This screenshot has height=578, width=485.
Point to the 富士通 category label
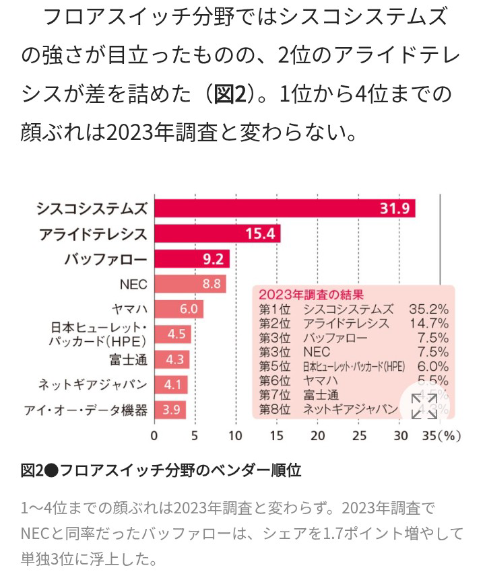(x=128, y=359)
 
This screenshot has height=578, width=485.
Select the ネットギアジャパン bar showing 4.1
(x=171, y=385)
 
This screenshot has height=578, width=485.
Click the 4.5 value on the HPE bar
(x=176, y=334)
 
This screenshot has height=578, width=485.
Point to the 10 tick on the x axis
(x=236, y=435)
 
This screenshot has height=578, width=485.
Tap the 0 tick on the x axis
(x=154, y=435)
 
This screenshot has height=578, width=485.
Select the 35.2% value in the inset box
(x=428, y=310)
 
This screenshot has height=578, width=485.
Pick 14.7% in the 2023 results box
(x=428, y=324)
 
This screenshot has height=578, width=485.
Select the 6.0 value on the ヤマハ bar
(x=188, y=309)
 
